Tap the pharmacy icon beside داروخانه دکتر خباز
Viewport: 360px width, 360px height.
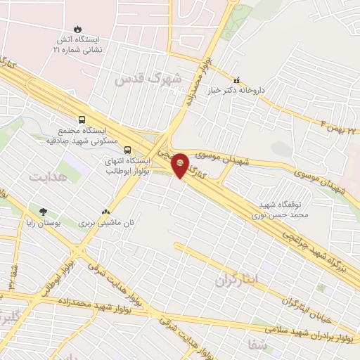236,80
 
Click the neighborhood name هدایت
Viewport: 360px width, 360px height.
43,176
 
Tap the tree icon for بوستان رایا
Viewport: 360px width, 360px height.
44,211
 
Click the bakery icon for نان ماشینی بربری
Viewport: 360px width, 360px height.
106,211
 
